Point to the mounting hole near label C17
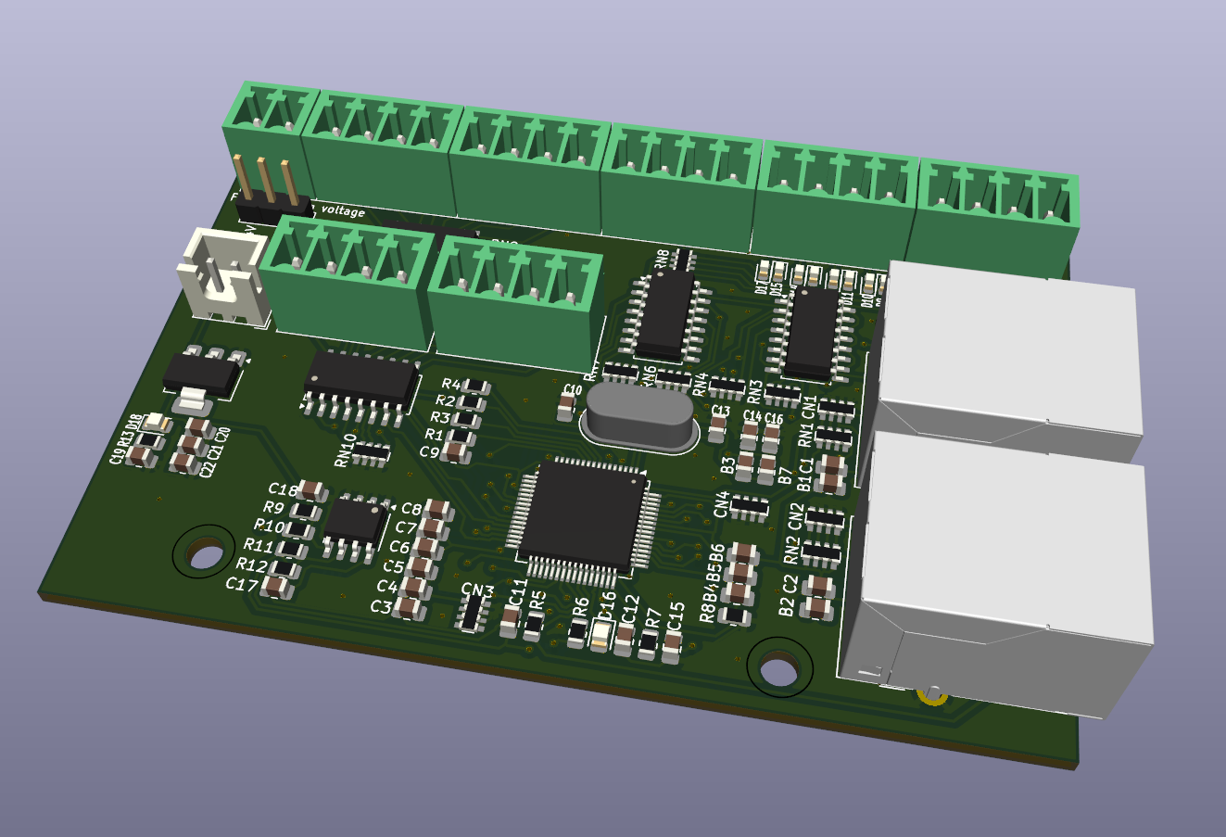click(x=204, y=555)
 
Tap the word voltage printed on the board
click(x=342, y=211)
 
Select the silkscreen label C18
click(x=283, y=489)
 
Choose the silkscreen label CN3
click(x=477, y=590)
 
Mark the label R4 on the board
click(x=450, y=384)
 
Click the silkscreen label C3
click(x=380, y=606)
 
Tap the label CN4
click(x=722, y=504)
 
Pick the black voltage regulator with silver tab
click(x=201, y=373)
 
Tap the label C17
click(x=241, y=584)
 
